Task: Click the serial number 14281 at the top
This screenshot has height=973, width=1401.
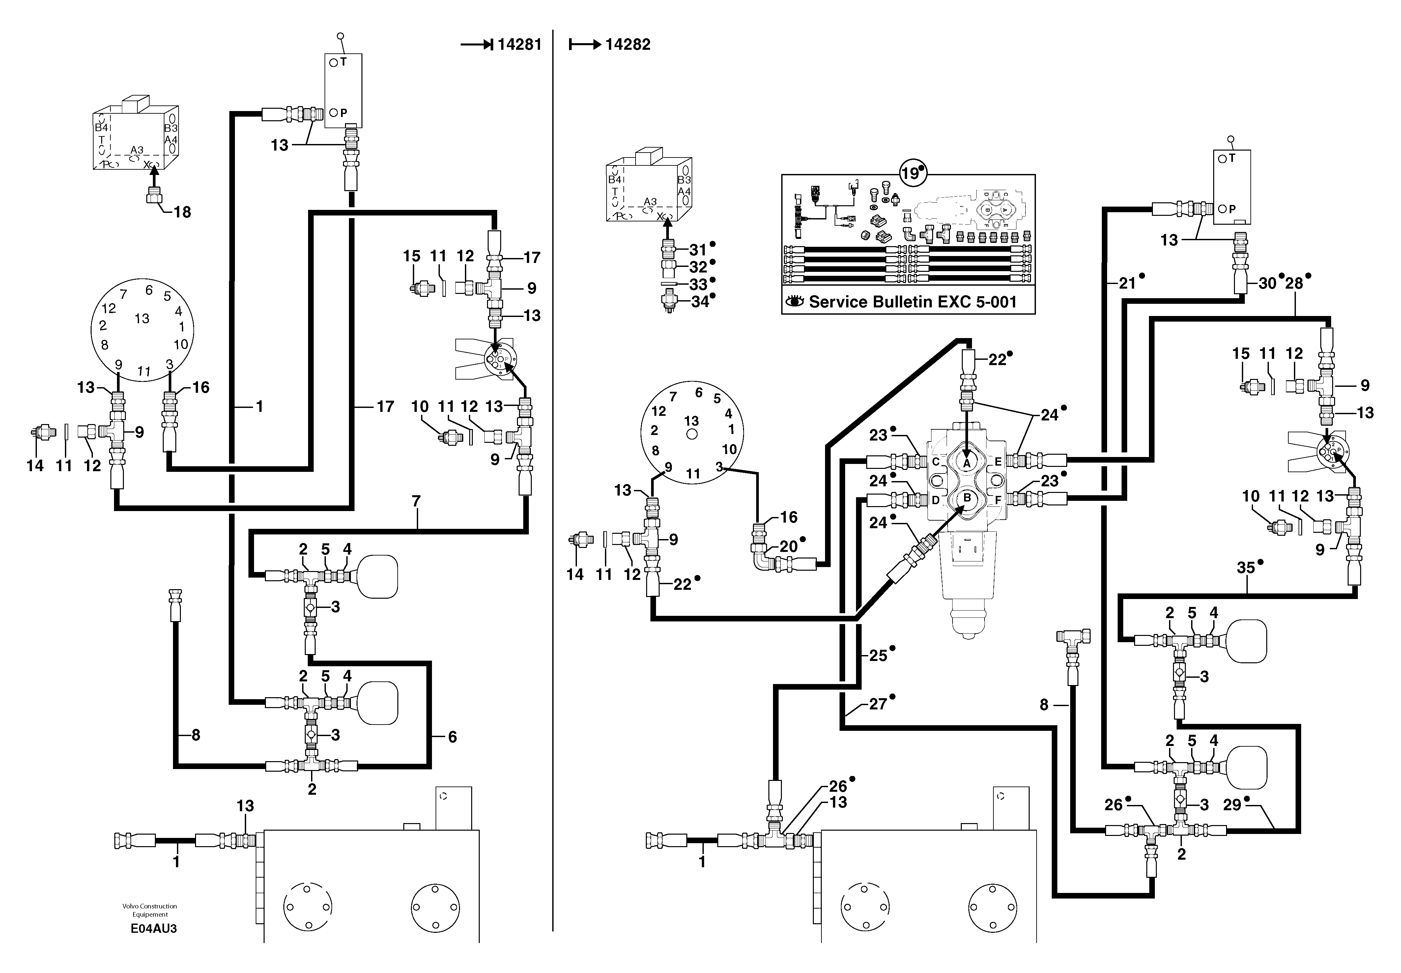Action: coord(519,44)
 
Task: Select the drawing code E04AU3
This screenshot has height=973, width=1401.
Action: coord(154,929)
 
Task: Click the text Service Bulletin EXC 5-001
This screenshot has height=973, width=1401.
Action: coord(913,302)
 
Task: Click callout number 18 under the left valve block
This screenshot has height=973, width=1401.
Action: coord(182,212)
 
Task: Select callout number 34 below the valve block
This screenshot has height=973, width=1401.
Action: coord(699,302)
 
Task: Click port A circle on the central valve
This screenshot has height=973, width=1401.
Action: coord(966,463)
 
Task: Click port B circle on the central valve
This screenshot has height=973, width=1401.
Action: coord(966,498)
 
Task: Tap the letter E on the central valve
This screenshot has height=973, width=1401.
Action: coord(998,462)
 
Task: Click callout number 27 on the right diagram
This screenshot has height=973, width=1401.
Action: coord(877,704)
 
